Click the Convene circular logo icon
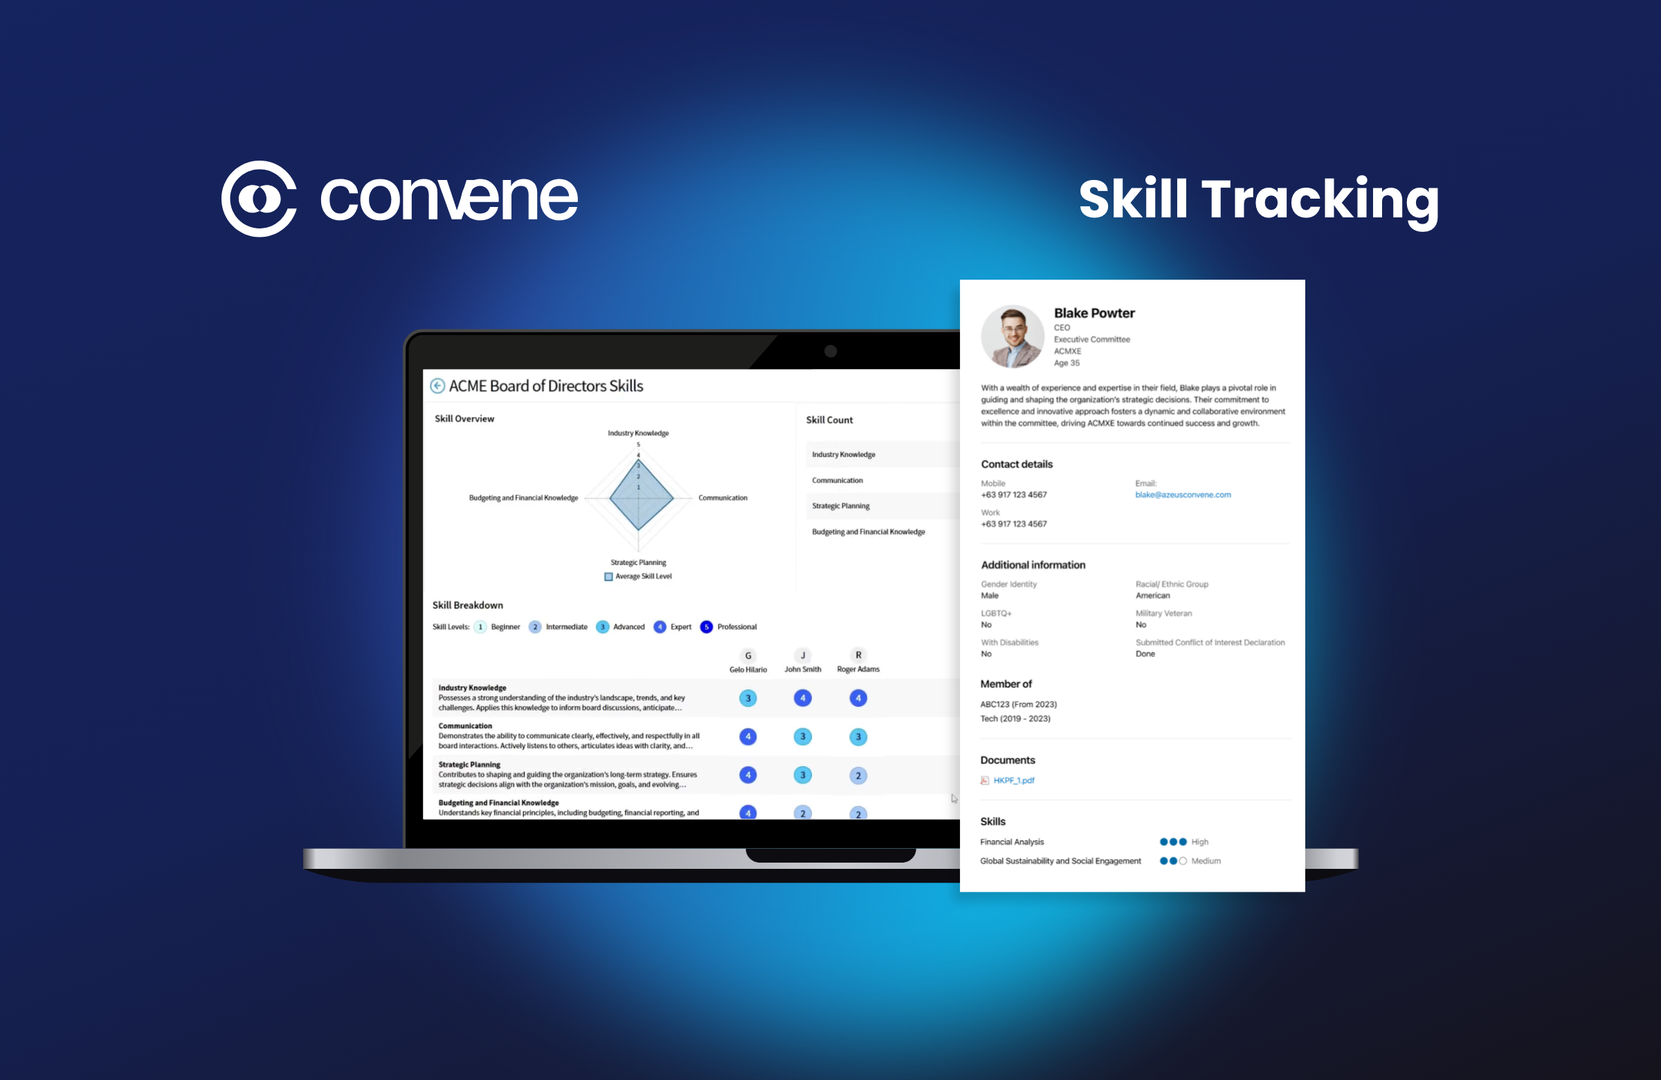tap(259, 199)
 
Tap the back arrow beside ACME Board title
tap(437, 386)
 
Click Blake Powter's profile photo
tap(1012, 336)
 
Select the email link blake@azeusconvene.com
tap(1182, 495)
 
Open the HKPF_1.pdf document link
tap(1013, 780)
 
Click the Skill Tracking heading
tap(1258, 199)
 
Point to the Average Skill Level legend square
tap(608, 577)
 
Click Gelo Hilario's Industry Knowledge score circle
tap(747, 698)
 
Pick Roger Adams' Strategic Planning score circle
tap(857, 775)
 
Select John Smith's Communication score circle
tap(803, 737)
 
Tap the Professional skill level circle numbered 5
tap(707, 627)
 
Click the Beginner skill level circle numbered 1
tap(480, 627)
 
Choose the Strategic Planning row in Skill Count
tap(841, 506)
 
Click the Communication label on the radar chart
tap(723, 498)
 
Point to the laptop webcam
tap(830, 351)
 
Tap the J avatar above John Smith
tap(803, 656)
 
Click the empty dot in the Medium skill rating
tap(1183, 861)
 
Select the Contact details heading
tap(1016, 465)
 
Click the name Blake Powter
tap(1093, 314)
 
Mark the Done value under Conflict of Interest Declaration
tap(1145, 654)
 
